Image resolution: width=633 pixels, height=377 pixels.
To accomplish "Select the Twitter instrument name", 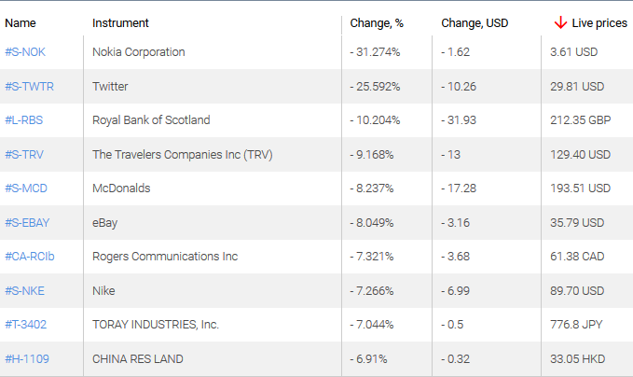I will pos(111,86).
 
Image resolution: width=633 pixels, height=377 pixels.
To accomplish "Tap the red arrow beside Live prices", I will pos(560,22).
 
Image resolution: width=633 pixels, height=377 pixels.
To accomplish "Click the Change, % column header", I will pos(376,22).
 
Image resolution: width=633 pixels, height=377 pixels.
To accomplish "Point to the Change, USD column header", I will pos(475,22).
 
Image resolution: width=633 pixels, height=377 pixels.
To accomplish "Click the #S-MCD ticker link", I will pos(26,188).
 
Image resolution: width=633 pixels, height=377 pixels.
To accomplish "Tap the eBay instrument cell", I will pos(105,222).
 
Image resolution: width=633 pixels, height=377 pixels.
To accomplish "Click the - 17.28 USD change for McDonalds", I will pos(459,188).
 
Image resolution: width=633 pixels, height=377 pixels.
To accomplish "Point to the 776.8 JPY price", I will pos(574,325).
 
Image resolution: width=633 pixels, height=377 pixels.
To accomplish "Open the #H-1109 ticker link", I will pos(26,358).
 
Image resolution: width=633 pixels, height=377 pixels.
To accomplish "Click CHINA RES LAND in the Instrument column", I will pos(137,358).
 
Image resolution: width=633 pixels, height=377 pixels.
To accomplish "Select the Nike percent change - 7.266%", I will pos(374,290).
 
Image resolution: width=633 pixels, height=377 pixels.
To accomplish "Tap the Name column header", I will pos(20,22).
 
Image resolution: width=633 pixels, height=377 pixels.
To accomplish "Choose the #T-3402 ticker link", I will pos(26,325).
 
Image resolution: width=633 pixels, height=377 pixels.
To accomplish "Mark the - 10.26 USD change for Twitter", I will pos(459,86).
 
